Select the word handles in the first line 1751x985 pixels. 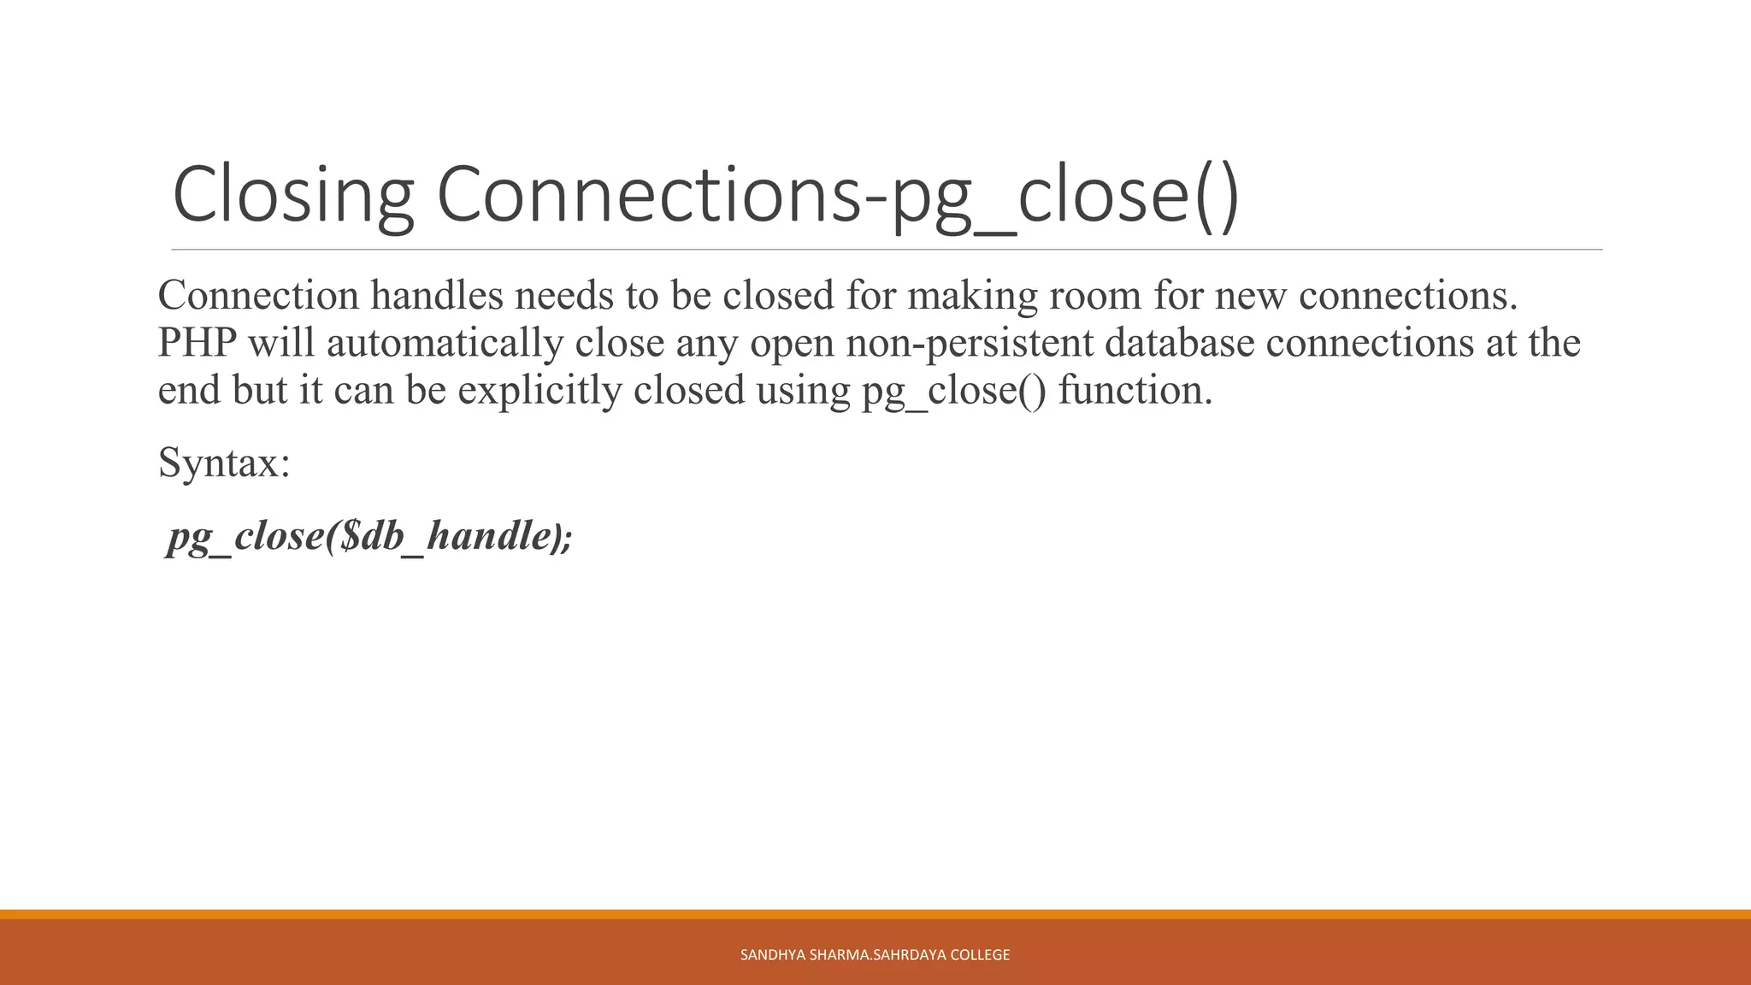click(x=437, y=296)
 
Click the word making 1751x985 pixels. click(x=973, y=296)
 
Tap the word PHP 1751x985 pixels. click(x=197, y=343)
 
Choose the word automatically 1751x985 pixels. click(x=445, y=343)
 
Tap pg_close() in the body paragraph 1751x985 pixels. click(x=953, y=391)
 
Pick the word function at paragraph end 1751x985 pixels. click(x=1135, y=391)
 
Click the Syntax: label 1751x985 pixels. click(x=225, y=463)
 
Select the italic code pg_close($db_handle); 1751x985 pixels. click(x=369, y=536)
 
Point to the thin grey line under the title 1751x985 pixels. click(x=887, y=250)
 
